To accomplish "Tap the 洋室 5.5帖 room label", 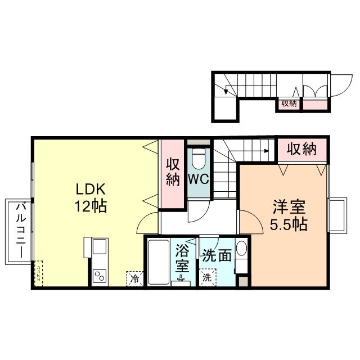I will coord(288,215).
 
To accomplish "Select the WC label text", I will coord(197,181).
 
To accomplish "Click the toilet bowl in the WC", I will coord(198,160).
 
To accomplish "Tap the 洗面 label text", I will coord(217,255).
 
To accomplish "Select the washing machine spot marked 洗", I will coord(207,277).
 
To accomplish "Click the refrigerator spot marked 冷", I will coord(134,277).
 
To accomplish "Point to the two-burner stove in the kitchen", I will coord(100,276).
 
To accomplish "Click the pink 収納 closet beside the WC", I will coord(172,173).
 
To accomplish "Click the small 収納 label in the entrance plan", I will coord(289,103).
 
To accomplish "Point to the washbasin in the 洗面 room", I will coord(241,249).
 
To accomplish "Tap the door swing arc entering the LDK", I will coord(147,223).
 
